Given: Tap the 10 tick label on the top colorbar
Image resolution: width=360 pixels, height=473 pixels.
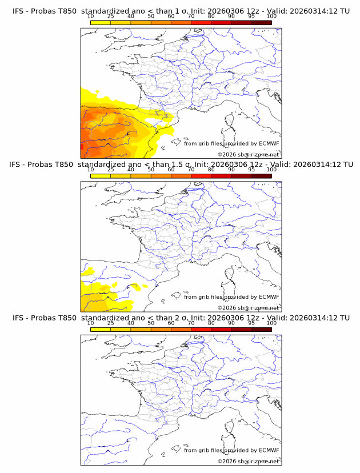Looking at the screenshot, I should pos(91,16).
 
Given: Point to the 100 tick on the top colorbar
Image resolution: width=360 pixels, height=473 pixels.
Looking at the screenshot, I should pos(271,16).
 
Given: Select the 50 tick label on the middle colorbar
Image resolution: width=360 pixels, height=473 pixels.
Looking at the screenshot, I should pos(151,170).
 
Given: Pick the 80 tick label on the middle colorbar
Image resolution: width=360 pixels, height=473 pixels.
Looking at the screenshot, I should pos(211,170).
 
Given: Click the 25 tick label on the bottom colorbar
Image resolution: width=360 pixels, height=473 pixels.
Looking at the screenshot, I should pos(111,323).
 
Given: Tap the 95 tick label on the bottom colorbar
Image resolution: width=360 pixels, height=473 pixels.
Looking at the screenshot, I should pos(251,323).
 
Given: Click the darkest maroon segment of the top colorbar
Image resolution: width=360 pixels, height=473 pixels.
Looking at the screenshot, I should pos(261,22).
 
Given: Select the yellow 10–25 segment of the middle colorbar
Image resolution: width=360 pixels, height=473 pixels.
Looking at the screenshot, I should pos(101,176).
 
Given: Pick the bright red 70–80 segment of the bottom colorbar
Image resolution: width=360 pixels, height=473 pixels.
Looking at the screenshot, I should pos(201,329).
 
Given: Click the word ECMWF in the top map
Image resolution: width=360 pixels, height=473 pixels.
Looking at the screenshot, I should pos(269,144).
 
